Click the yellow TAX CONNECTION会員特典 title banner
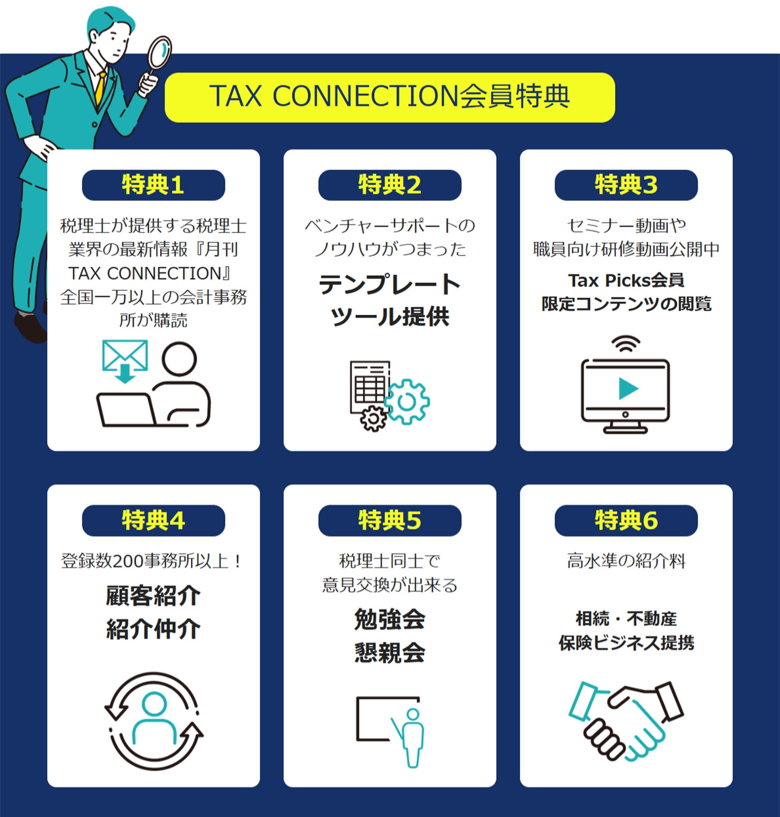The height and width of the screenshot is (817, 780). click(x=390, y=97)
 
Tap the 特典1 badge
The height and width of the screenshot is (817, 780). click(x=154, y=185)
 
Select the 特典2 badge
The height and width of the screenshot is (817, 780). click(x=390, y=185)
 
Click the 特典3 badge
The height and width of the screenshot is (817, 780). click(x=626, y=185)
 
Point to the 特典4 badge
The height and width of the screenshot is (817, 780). click(x=154, y=520)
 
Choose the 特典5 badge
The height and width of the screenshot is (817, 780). click(x=390, y=520)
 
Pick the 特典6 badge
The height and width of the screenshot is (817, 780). click(x=626, y=520)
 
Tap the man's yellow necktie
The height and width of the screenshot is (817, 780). click(x=100, y=88)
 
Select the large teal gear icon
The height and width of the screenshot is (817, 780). click(x=407, y=402)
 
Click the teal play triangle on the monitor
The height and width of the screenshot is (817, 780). click(x=628, y=389)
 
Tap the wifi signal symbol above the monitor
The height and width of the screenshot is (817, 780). click(x=626, y=344)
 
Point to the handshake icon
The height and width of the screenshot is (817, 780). click(x=626, y=721)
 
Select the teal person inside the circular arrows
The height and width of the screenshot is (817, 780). click(x=154, y=717)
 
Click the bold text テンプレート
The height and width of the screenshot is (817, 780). click(x=390, y=285)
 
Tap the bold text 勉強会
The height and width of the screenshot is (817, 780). click(x=390, y=619)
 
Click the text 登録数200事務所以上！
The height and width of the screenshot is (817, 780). click(x=152, y=561)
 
